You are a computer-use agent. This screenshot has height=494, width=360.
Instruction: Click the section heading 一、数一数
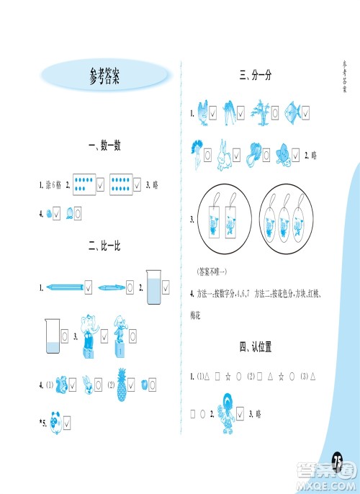coord(104,146)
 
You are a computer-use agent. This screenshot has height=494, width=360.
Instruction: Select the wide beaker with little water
coord(50,336)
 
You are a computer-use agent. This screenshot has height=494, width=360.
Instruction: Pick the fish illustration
coord(293,112)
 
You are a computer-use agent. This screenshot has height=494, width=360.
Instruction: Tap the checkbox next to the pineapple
coord(135,385)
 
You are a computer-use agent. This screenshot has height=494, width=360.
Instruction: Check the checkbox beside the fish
coord(306,113)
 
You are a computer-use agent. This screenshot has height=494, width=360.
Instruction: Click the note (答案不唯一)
coord(211,271)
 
